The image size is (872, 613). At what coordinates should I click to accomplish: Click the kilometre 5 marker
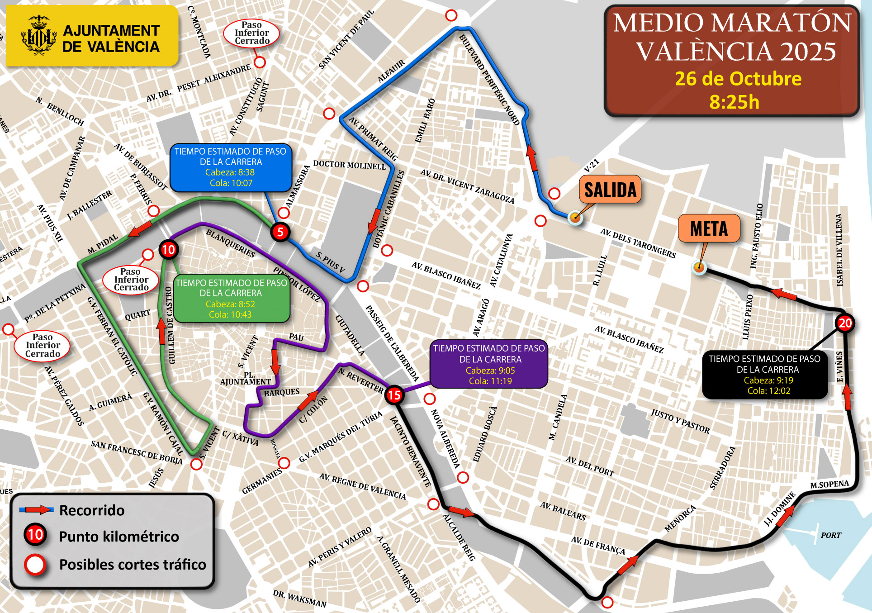(280, 232)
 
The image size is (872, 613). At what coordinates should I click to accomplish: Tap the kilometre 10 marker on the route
(168, 249)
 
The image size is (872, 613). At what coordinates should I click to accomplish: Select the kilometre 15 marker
(394, 395)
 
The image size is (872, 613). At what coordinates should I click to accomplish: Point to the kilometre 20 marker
(845, 323)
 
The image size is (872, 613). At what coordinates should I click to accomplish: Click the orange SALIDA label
(610, 190)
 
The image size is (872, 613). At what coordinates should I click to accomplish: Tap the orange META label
(709, 228)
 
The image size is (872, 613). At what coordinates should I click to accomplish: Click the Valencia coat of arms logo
(39, 35)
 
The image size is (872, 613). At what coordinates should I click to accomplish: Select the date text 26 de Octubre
(738, 79)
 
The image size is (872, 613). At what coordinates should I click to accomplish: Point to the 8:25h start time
(734, 102)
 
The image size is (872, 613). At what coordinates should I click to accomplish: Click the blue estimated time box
(231, 167)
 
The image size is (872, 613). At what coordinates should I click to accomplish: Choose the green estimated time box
(231, 299)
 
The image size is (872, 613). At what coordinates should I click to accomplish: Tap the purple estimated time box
(489, 365)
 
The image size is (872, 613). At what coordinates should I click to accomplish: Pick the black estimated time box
(765, 375)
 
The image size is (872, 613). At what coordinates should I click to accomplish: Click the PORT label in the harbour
(831, 535)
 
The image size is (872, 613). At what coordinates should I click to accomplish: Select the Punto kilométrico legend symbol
(35, 535)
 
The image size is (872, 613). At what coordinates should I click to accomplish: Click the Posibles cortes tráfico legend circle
(35, 565)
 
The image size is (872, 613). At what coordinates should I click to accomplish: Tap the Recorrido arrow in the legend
(37, 510)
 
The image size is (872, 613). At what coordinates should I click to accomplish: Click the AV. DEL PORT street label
(590, 466)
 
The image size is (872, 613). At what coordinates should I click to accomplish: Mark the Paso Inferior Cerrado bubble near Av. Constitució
(251, 33)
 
